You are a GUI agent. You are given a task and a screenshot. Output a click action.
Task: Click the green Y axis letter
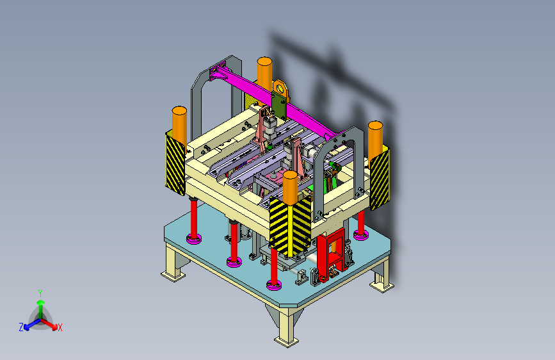tap(40, 293)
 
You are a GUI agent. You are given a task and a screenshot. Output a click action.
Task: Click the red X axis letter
tap(60, 327)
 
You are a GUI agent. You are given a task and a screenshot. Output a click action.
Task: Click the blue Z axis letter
tap(21, 327)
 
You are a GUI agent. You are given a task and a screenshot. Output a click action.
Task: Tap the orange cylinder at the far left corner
tap(179, 124)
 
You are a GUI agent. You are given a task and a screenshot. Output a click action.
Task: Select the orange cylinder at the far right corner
tap(376, 138)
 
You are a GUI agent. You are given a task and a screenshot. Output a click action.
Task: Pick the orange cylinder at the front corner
tap(290, 188)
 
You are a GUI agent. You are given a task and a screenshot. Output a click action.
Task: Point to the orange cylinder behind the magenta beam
tap(264, 74)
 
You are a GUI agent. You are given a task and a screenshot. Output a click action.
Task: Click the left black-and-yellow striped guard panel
tap(175, 164)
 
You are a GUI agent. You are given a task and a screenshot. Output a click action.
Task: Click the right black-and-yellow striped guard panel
tap(380, 179)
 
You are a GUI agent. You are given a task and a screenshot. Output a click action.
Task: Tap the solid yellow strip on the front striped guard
tap(290, 231)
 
